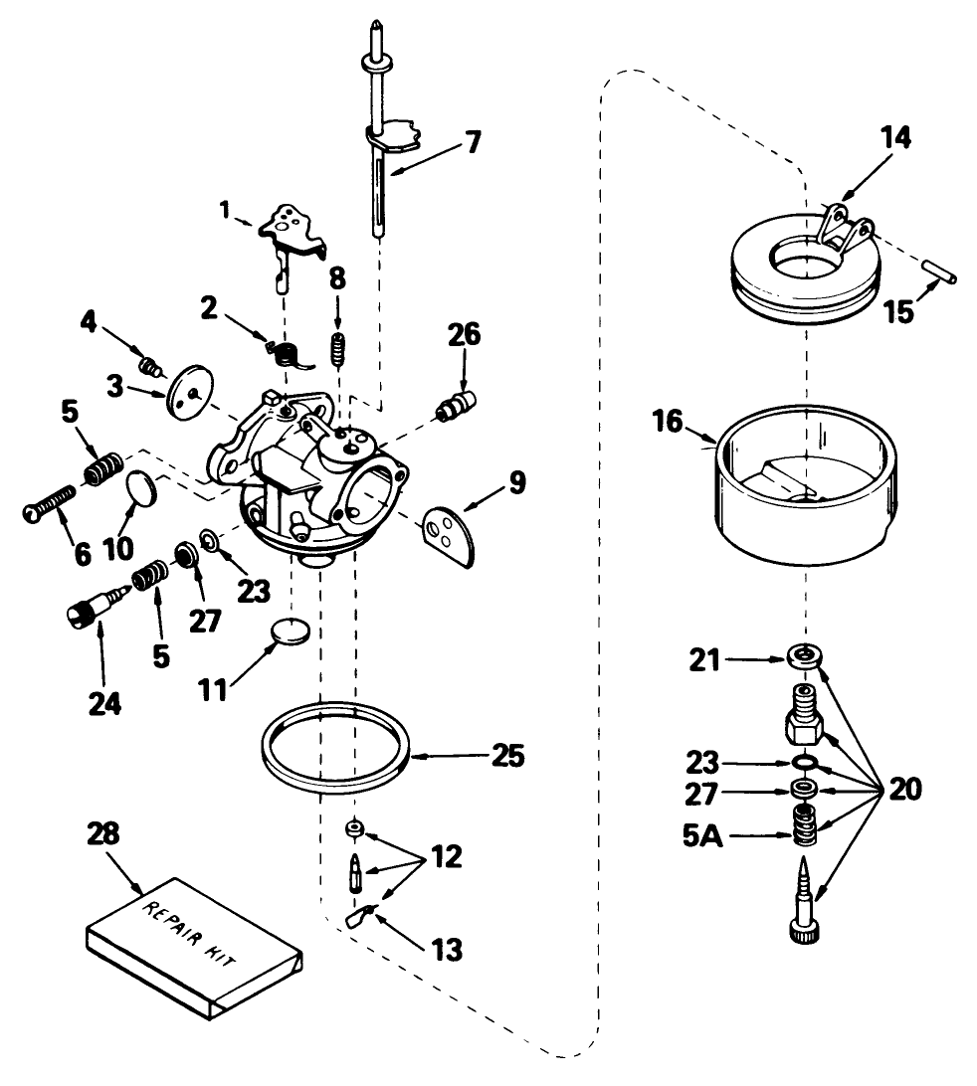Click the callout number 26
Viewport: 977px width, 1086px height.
pyautogui.click(x=465, y=335)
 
